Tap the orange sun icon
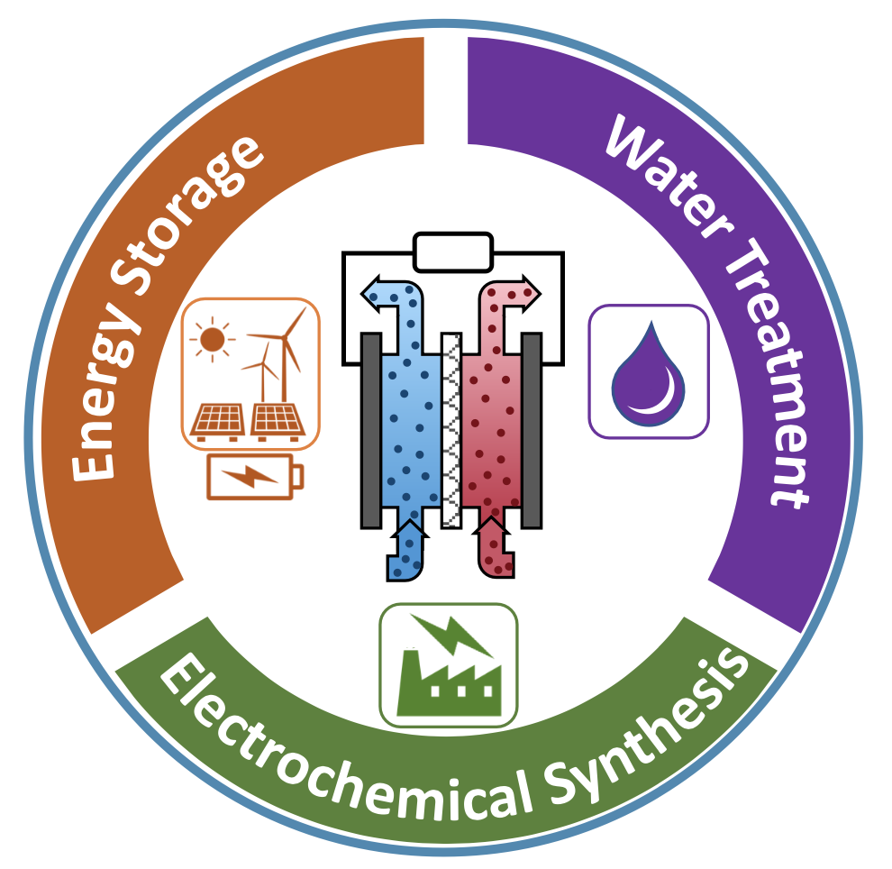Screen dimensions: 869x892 [212, 339]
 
